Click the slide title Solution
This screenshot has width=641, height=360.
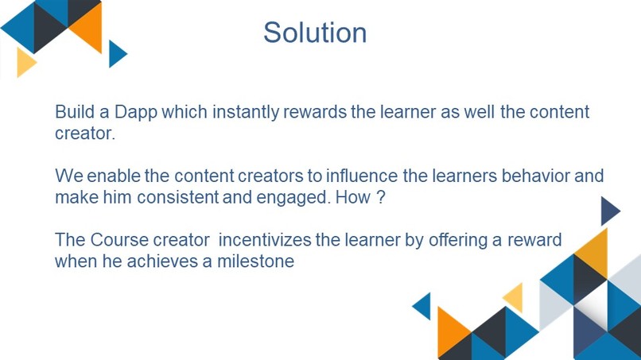(315, 33)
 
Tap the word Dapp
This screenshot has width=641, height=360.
(136, 112)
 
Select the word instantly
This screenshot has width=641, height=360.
(246, 112)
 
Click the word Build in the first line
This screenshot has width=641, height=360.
(76, 111)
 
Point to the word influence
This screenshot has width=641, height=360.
(361, 176)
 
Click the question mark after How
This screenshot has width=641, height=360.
(381, 197)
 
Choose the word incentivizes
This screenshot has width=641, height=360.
(265, 240)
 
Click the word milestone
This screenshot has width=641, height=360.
(255, 261)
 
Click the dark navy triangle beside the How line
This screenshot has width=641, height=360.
(608, 211)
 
